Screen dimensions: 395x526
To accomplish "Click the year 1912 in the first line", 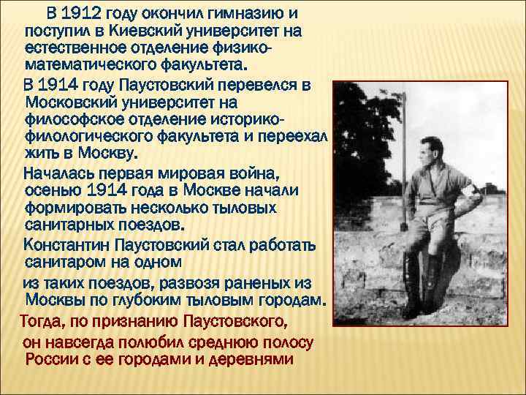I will click(83, 15).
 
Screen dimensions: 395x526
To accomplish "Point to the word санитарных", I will click(72, 225).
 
